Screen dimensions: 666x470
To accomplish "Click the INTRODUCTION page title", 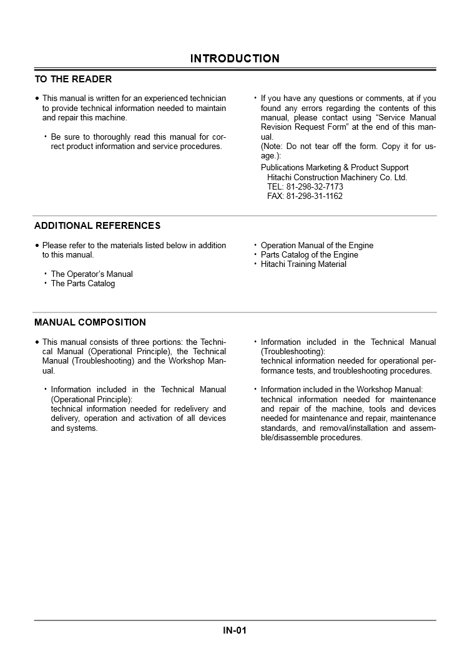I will pyautogui.click(x=235, y=59).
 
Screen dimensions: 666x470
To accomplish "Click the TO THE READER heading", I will pyautogui.click(x=73, y=79).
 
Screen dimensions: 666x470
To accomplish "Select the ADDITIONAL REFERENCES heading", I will pyautogui.click(x=97, y=226).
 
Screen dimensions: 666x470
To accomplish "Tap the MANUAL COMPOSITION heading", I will pyautogui.click(x=90, y=322).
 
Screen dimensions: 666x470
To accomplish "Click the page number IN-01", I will pyautogui.click(x=235, y=630).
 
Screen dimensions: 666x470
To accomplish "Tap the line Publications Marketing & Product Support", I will pyautogui.click(x=335, y=167).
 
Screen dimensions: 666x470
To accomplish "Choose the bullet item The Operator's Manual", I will pyautogui.click(x=92, y=274).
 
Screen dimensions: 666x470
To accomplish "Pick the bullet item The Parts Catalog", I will pyautogui.click(x=83, y=284).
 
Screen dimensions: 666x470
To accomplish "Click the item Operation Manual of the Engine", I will pyautogui.click(x=317, y=245).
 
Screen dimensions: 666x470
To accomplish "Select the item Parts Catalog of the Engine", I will pyautogui.click(x=310, y=254).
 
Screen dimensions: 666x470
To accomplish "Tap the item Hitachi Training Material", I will pyautogui.click(x=303, y=264).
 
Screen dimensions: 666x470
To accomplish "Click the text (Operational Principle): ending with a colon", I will pyautogui.click(x=92, y=399).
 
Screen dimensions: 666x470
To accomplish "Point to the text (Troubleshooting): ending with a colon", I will pyautogui.click(x=293, y=352).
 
